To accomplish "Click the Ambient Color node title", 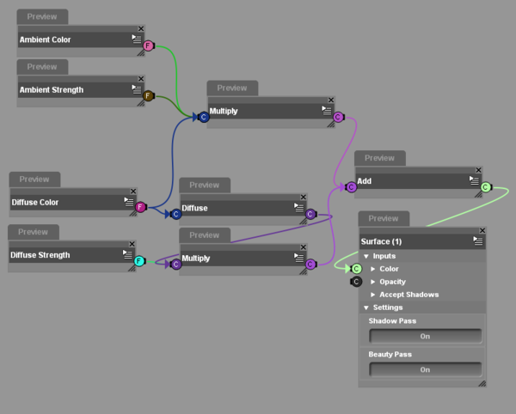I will tap(46, 40).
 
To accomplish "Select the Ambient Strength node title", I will tap(52, 89).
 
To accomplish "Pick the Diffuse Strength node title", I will tap(40, 255).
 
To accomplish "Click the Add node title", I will tap(364, 181).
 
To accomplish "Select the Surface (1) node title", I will tap(381, 241).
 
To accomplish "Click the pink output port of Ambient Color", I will tap(148, 46).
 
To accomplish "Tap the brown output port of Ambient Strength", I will tap(148, 95).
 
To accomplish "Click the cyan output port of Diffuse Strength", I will tap(139, 261).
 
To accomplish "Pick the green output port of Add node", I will tap(485, 187).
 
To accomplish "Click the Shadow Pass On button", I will tap(425, 336).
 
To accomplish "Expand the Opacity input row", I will tap(392, 282).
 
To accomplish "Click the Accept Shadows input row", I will tap(408, 295).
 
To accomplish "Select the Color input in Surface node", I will tap(390, 269).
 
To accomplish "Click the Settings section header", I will tap(388, 307).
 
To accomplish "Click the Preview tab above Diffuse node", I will tap(205, 185).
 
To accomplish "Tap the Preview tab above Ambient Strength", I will tap(41, 66).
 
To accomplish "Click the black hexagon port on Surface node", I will tap(355, 281).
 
